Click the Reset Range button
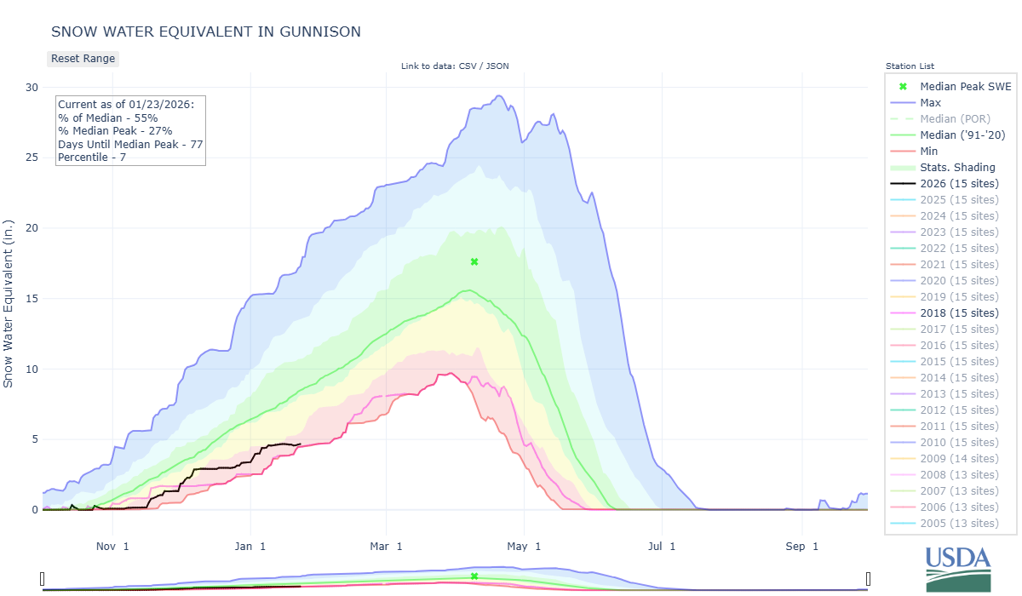(x=83, y=59)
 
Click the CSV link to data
(x=467, y=66)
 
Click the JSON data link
(x=497, y=66)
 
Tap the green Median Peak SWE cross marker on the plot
(x=474, y=261)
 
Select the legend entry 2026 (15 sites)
(x=959, y=184)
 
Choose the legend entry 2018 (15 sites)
(x=959, y=313)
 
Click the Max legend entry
(x=930, y=103)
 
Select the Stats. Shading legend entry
(x=957, y=168)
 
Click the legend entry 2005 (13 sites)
(x=959, y=524)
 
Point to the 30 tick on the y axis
(x=32, y=87)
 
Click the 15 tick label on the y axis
(x=32, y=299)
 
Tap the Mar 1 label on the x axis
(x=388, y=546)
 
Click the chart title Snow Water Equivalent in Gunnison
(x=206, y=32)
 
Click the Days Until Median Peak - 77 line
(x=129, y=144)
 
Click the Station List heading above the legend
(x=910, y=66)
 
